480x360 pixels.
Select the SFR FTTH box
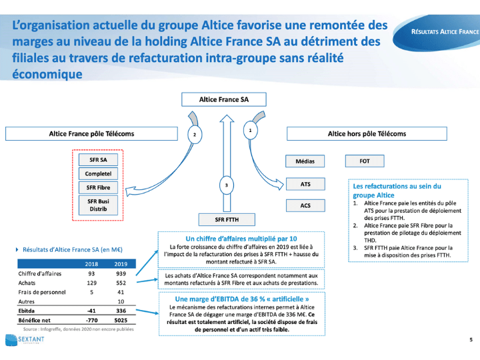pyautogui.click(x=227, y=219)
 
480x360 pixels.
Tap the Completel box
pyautogui.click(x=98, y=173)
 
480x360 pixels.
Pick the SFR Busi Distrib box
pyautogui.click(x=98, y=205)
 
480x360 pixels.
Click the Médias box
pyautogui.click(x=305, y=161)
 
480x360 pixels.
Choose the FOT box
pyautogui.click(x=364, y=161)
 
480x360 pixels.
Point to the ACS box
pyautogui.click(x=305, y=206)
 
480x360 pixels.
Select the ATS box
pyautogui.click(x=305, y=183)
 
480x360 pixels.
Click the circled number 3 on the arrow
pyautogui.click(x=226, y=185)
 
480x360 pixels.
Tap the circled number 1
pyautogui.click(x=249, y=131)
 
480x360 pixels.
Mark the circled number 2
pyautogui.click(x=193, y=135)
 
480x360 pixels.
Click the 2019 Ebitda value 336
pyautogui.click(x=121, y=310)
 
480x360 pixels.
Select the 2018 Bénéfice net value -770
pyautogui.click(x=92, y=320)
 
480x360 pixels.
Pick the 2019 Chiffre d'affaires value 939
pyautogui.click(x=121, y=273)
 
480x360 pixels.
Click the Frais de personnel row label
pyautogui.click(x=41, y=292)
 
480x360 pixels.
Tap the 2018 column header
pyautogui.click(x=92, y=264)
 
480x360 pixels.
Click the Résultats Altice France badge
pyautogui.click(x=445, y=31)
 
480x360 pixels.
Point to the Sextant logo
pyautogui.click(x=23, y=341)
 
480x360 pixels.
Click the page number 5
pyautogui.click(x=471, y=341)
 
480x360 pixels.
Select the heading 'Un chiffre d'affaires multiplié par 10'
pyautogui.click(x=241, y=238)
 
